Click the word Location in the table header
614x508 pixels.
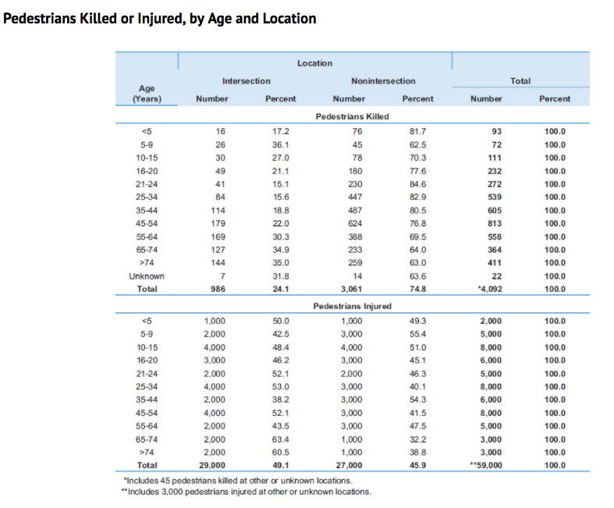point(314,63)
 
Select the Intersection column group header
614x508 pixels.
point(247,81)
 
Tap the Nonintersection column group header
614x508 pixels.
point(383,81)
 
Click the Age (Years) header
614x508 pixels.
point(147,94)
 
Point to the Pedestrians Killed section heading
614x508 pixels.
point(352,116)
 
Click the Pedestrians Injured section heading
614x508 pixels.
point(352,306)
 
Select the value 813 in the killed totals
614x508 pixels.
point(495,223)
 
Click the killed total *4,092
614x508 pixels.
point(489,289)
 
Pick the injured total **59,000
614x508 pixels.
point(486,465)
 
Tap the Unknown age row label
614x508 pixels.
point(147,276)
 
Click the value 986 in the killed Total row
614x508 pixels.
point(218,289)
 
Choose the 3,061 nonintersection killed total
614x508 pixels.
point(351,289)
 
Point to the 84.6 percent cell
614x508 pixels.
point(418,184)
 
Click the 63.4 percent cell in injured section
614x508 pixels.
point(281,439)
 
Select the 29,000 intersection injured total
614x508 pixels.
point(212,465)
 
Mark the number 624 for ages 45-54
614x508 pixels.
point(355,223)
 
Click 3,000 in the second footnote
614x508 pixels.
point(172,492)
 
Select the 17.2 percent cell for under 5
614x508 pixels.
point(281,131)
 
